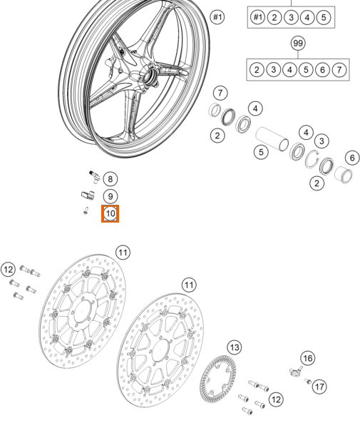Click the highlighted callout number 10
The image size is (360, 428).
110,213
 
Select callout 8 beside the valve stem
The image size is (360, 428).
110,179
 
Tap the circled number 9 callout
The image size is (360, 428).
110,197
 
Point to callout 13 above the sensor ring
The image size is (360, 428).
235,347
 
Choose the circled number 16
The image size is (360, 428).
308,358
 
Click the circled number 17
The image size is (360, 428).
319,387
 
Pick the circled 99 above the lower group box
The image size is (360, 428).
298,44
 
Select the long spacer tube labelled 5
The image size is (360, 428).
272,138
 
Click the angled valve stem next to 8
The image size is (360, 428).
94,177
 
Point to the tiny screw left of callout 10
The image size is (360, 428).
86,210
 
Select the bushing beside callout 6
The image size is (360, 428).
344,175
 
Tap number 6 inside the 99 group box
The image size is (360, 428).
322,70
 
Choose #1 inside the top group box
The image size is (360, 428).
258,17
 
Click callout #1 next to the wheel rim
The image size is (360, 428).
217,17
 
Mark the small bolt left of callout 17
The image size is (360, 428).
308,381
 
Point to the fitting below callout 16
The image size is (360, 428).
295,371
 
